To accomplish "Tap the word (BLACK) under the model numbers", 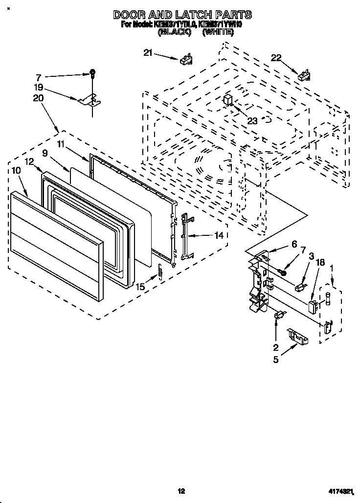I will point(174,33).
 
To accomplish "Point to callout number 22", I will point(276,58).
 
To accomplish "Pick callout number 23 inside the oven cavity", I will point(252,121).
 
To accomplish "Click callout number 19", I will point(39,89).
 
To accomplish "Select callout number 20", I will point(39,98).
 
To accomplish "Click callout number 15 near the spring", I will point(140,287).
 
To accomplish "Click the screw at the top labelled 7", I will point(92,73).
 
